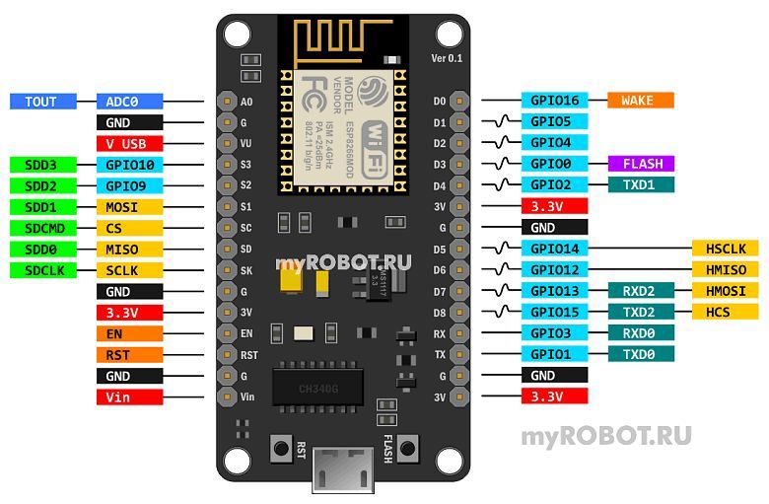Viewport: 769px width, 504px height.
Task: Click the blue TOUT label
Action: coord(41,101)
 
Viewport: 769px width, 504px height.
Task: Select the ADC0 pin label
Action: coord(129,101)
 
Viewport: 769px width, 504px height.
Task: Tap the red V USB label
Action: coord(129,143)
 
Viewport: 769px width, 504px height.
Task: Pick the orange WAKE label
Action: coord(641,100)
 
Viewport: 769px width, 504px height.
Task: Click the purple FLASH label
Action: coord(641,164)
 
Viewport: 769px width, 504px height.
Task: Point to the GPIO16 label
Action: coord(554,100)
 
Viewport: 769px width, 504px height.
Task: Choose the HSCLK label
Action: coord(726,249)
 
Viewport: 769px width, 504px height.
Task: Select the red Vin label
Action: coord(129,396)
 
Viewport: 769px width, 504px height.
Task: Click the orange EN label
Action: coord(129,333)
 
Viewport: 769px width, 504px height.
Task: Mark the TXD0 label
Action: coord(641,354)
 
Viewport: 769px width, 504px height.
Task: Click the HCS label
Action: coord(726,312)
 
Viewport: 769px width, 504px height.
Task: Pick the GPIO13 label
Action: coord(554,290)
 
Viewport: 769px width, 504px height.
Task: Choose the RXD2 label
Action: coord(641,290)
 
